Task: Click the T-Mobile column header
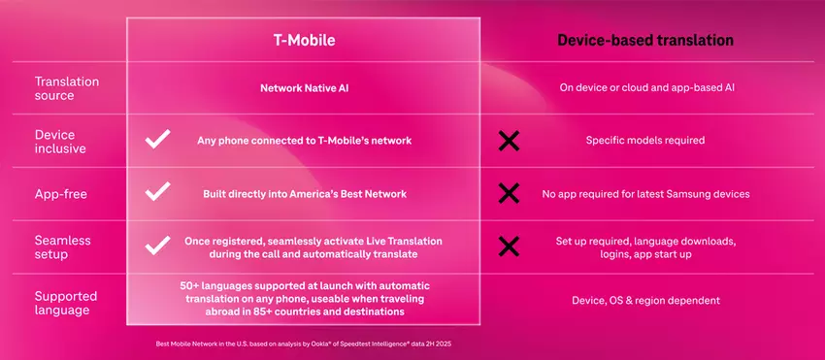303,41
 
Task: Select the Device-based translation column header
644,41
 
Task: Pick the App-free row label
62,194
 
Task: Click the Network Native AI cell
303,87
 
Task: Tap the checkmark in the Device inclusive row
157,141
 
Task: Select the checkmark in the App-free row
157,193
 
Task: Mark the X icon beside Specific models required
508,141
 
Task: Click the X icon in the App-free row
508,194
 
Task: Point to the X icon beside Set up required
508,246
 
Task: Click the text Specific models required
644,141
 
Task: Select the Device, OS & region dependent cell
645,301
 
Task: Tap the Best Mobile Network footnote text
302,344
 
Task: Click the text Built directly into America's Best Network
302,194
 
